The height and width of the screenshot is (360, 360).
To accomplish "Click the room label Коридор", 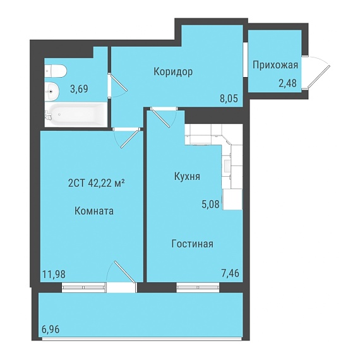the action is tap(173, 71).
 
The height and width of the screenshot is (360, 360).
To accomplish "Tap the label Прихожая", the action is tap(275, 65).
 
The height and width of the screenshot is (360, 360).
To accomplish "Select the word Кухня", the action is tap(187, 177).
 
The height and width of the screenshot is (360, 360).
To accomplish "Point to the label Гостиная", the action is tap(193, 244).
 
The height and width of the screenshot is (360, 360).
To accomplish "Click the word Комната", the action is tap(94, 211).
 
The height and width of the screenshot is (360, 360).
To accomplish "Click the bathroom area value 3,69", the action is tap(79, 88).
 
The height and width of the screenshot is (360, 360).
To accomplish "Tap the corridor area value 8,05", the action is tap(229, 99).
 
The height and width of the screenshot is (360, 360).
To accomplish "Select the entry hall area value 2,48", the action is tap(287, 83).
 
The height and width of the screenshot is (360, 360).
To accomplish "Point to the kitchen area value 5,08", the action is tap(211, 204).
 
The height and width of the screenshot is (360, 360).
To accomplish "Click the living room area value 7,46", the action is tap(231, 273).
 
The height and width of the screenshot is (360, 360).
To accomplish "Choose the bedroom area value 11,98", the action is tap(54, 273).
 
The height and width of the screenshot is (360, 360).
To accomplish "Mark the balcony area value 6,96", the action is tap(51, 330).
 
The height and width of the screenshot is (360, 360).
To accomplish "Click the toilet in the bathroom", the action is tap(56, 71).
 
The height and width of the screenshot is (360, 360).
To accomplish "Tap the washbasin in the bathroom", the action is tap(52, 92).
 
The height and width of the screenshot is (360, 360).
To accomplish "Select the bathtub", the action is tap(76, 114).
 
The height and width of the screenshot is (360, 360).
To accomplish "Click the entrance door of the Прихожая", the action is tap(317, 73).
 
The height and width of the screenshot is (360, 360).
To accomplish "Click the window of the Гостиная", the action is tap(198, 287).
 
